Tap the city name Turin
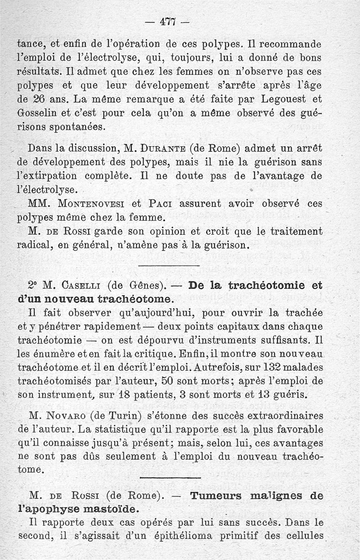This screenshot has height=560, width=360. [128, 415]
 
